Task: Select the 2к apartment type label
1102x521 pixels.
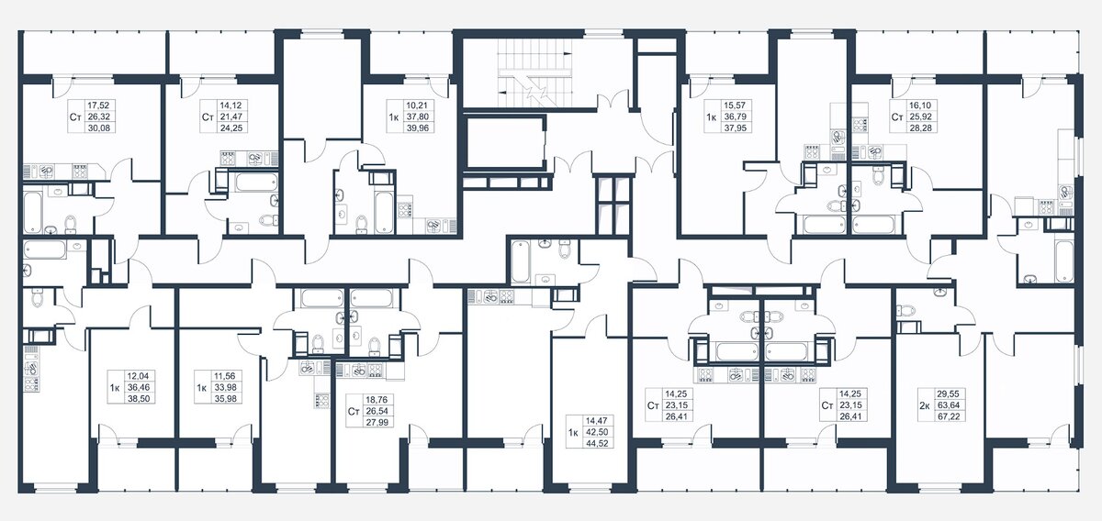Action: coord(925,405)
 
